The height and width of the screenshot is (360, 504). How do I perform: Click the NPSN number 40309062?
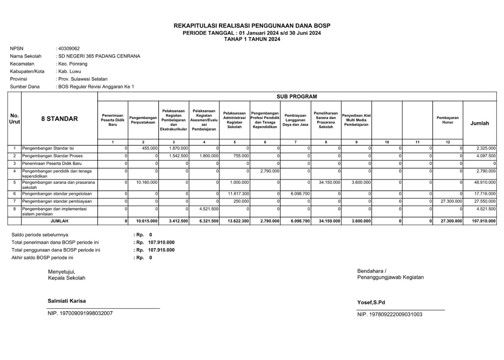(69, 49)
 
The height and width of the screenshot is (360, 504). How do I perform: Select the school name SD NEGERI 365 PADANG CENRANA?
(99, 56)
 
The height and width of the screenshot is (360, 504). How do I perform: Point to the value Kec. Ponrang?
(73, 64)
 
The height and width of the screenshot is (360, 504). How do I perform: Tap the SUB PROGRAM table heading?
(297, 96)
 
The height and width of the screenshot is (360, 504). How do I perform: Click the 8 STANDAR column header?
(59, 119)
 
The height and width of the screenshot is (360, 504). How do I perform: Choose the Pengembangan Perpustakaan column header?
(143, 120)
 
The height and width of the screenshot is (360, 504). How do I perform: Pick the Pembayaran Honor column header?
(447, 120)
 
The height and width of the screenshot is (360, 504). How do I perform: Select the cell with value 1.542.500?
(179, 156)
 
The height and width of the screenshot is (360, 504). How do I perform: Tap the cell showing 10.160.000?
(147, 183)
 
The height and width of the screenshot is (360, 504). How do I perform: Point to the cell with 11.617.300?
(238, 194)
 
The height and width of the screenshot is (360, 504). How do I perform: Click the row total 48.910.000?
(485, 183)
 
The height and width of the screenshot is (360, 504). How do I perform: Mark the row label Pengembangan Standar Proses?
(53, 156)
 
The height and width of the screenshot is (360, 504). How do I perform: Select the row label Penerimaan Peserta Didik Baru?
(52, 163)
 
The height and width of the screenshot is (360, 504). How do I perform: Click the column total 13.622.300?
(238, 221)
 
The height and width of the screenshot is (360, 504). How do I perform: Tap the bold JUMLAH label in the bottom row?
(59, 221)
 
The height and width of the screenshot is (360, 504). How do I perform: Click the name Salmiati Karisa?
(67, 301)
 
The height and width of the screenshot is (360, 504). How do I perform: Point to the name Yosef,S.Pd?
(371, 302)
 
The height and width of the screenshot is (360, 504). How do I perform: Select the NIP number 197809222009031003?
(390, 314)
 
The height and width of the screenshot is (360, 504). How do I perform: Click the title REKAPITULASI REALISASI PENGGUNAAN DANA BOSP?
(252, 26)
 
